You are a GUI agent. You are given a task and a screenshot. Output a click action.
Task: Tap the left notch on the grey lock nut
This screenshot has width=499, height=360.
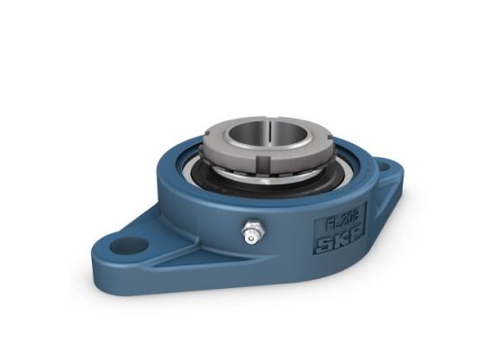click(213, 143)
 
